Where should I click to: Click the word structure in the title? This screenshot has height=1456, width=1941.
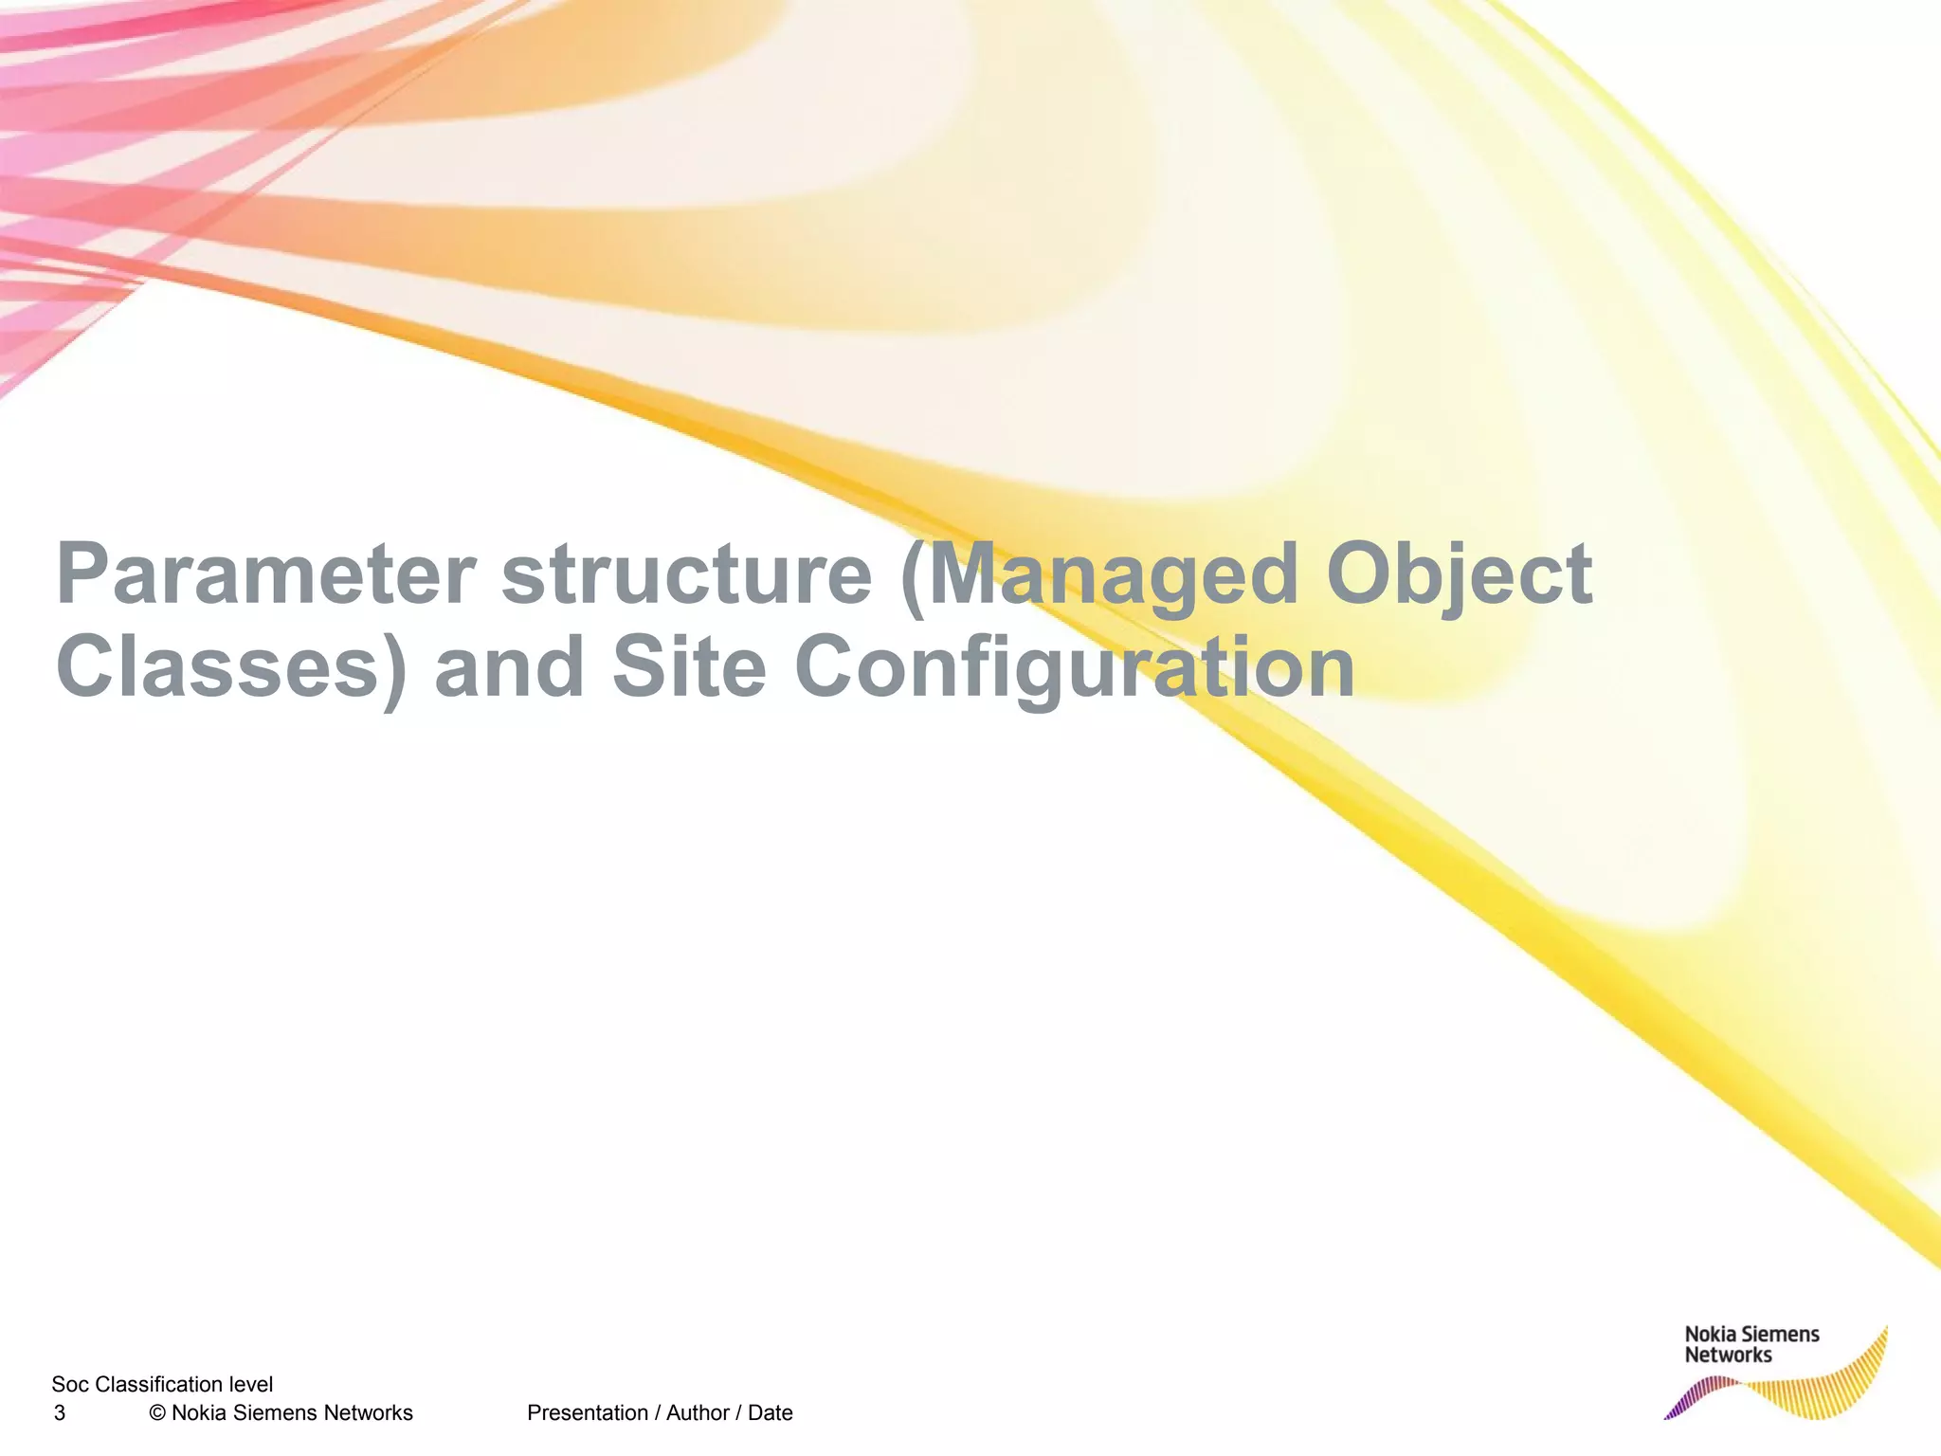(686, 575)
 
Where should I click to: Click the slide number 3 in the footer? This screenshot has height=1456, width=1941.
(60, 1413)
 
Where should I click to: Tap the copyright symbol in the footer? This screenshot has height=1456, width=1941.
(157, 1413)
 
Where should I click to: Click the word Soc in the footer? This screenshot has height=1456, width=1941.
(70, 1385)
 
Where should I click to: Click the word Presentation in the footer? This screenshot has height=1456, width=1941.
(588, 1413)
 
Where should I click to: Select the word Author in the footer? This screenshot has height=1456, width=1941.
(698, 1413)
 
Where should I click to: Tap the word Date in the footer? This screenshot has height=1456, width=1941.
(770, 1413)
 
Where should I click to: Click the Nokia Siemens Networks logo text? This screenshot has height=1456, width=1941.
(1751, 1344)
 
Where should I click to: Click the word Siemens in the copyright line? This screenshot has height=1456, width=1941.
(275, 1413)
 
